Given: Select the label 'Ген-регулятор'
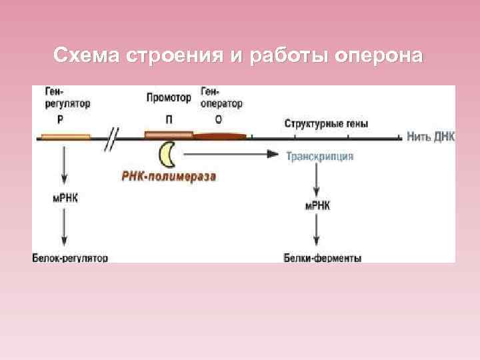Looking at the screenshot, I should pyautogui.click(x=68, y=99).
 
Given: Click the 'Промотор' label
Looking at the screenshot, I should pyautogui.click(x=169, y=98).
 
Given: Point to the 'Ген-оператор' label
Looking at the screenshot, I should pyautogui.click(x=221, y=99).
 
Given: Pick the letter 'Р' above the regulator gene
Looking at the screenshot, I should pyautogui.click(x=61, y=121).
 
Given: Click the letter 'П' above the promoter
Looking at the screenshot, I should pyautogui.click(x=169, y=121).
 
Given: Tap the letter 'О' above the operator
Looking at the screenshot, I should pyautogui.click(x=219, y=121).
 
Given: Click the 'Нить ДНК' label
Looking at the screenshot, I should pyautogui.click(x=431, y=137).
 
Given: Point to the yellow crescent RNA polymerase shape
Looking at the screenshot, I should pyautogui.click(x=167, y=155).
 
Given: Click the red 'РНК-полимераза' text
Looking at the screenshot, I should pyautogui.click(x=169, y=177).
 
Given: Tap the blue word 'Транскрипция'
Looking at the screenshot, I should pyautogui.click(x=320, y=156).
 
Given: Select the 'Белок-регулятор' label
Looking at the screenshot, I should pyautogui.click(x=70, y=257).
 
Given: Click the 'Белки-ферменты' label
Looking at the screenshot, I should pyautogui.click(x=323, y=257).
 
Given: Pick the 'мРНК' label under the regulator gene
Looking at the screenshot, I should pyautogui.click(x=65, y=197).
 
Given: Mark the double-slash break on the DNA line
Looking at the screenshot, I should pyautogui.click(x=113, y=139).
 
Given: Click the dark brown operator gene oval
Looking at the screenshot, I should pyautogui.click(x=220, y=137).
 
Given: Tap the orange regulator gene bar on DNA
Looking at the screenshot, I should pyautogui.click(x=65, y=137).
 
